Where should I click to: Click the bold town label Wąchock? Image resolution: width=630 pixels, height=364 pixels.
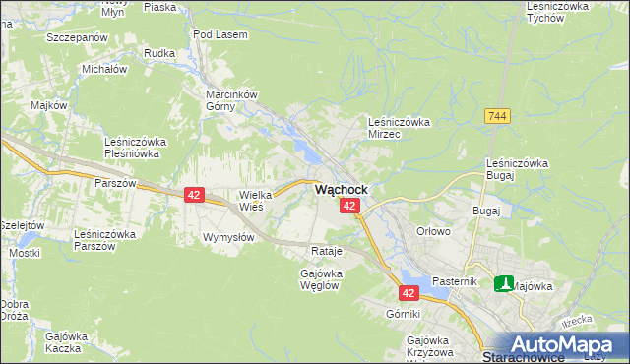(342, 189)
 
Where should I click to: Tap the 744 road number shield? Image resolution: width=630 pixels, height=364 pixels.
(497, 116)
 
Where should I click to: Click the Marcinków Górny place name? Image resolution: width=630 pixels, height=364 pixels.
(231, 100)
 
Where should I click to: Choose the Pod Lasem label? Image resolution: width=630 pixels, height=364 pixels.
(220, 34)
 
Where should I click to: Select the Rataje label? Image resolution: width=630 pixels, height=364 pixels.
(326, 251)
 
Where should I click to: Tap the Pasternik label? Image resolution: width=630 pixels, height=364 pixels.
(455, 281)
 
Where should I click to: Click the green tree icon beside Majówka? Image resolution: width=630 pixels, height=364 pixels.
(504, 284)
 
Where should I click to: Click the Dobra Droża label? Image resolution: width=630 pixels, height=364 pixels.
(15, 310)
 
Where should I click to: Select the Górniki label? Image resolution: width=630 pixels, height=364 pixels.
(404, 314)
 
